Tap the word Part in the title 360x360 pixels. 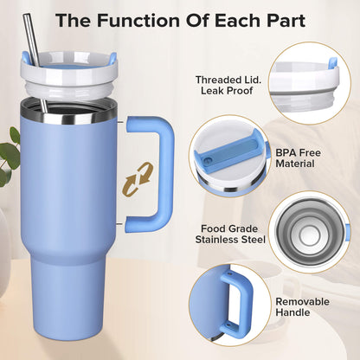point(281,19)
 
